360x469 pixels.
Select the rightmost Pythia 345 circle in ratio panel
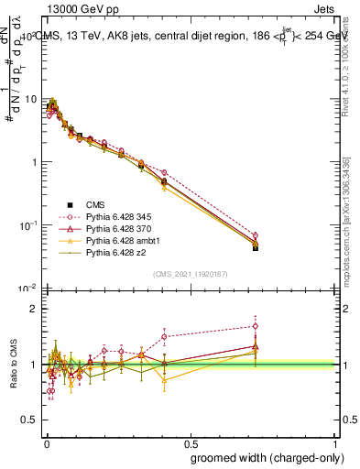point(256,325)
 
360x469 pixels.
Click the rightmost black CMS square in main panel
point(256,247)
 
